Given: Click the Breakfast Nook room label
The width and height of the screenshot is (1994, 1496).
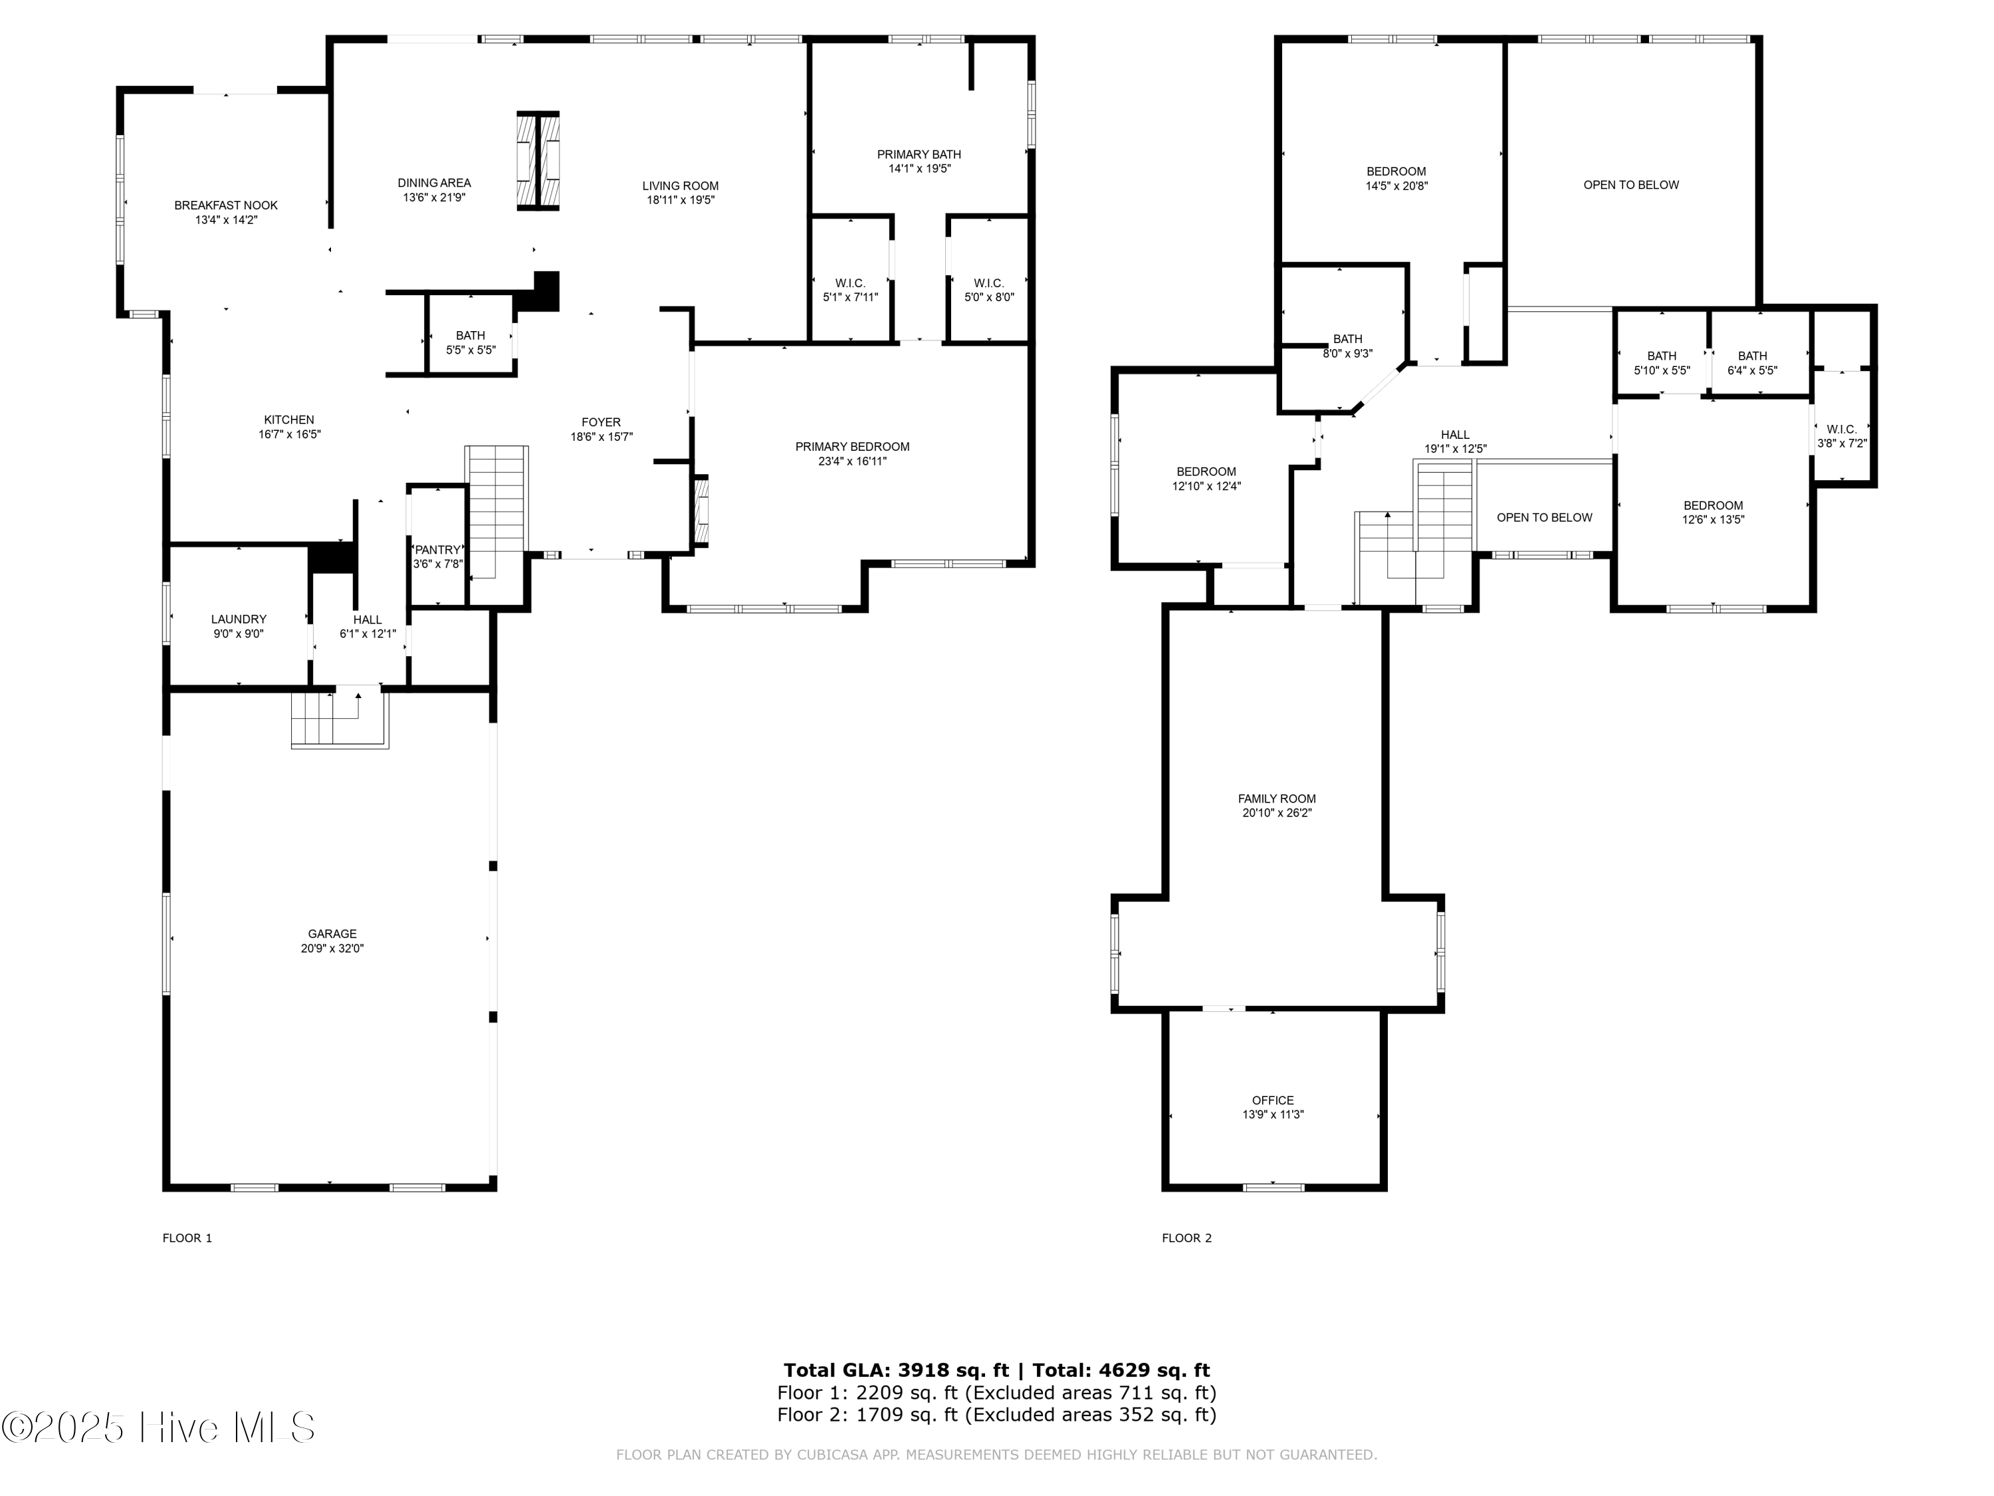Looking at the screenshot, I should click(x=225, y=205).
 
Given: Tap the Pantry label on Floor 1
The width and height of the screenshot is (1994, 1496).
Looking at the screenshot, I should click(x=437, y=550).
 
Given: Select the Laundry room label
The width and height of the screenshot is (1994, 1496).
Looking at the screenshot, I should click(x=238, y=620).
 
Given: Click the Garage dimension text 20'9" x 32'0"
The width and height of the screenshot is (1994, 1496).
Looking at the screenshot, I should click(x=332, y=949).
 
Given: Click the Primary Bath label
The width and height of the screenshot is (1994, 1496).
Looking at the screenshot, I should click(x=919, y=154).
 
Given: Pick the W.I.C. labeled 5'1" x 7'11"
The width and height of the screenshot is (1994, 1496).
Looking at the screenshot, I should click(x=850, y=289).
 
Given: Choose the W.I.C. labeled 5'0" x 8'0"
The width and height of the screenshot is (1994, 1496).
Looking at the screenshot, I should click(x=989, y=289).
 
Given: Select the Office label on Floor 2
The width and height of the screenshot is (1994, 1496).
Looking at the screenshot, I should click(x=1272, y=1100).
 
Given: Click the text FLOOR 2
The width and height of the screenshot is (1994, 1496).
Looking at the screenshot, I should click(x=1186, y=1238).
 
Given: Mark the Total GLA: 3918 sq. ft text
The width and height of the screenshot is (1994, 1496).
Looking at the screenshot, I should click(x=895, y=1370).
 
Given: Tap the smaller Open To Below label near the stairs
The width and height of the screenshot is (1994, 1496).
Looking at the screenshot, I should click(x=1543, y=517).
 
